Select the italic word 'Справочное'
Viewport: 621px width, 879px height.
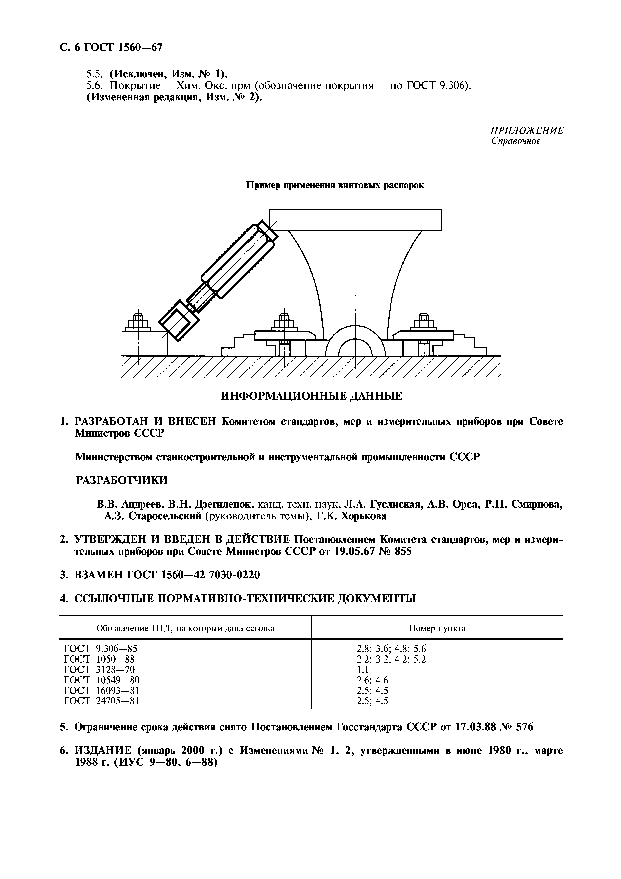coord(516,141)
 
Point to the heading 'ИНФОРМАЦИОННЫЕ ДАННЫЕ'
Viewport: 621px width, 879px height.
coord(311,396)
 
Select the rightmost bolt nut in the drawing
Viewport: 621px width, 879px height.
coord(424,321)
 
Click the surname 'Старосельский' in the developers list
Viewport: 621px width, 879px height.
coord(165,516)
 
